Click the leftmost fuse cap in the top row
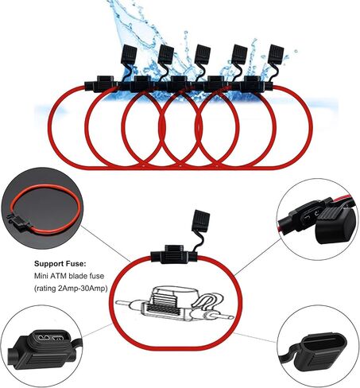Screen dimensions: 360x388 (129, 55)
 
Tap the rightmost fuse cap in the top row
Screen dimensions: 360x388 (276, 54)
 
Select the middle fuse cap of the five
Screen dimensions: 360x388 (203, 54)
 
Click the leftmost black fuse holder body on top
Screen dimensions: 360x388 (101, 84)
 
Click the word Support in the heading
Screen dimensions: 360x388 (49, 264)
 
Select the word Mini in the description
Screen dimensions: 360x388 (40, 276)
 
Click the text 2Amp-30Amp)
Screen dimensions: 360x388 (83, 289)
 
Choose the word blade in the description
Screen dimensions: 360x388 (77, 276)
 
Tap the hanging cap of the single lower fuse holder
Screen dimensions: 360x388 (201, 221)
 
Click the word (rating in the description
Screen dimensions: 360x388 (45, 289)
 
